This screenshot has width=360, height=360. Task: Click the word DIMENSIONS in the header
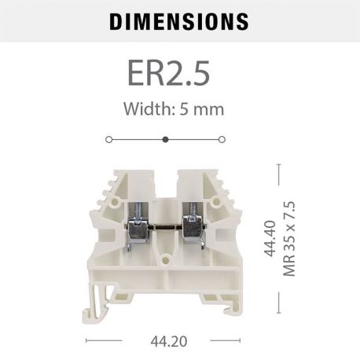(178, 21)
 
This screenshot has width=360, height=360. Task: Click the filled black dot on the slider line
(165, 139)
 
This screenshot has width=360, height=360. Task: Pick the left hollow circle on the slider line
(108, 139)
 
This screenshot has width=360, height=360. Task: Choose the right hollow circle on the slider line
(222, 139)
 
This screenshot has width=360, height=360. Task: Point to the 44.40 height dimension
(270, 240)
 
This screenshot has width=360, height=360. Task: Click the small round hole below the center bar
(164, 257)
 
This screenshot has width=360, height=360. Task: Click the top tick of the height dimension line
(279, 164)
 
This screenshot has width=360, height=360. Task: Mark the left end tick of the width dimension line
(86, 341)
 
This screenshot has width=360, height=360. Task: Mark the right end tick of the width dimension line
(239, 341)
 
